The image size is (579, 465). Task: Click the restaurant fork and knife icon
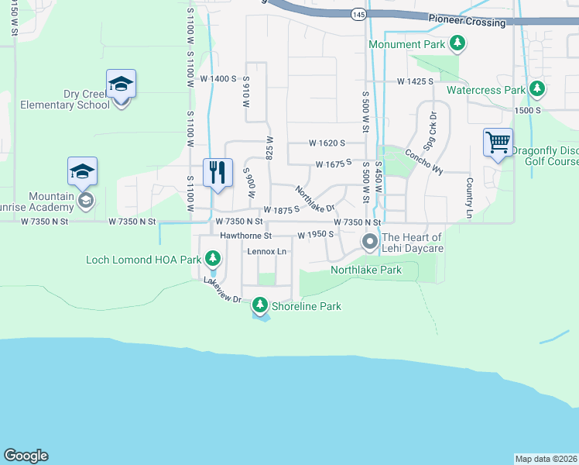[x=218, y=172]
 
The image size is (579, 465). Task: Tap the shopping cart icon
[x=498, y=143]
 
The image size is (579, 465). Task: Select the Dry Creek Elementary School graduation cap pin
[x=122, y=84]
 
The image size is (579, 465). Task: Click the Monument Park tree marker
[x=458, y=44]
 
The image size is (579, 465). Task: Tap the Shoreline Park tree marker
[x=261, y=306]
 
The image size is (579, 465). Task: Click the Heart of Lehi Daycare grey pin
[x=370, y=243]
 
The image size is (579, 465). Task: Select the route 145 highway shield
[x=357, y=15]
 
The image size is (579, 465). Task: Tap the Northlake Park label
[x=365, y=270]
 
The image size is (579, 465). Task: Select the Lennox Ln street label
[x=266, y=252]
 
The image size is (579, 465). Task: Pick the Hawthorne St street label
[x=246, y=235]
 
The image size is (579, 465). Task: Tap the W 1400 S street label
[x=218, y=78]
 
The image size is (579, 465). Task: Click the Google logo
[x=26, y=456]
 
